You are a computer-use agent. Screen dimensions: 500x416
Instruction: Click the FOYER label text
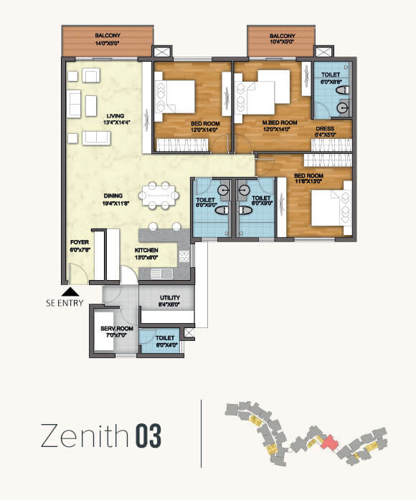79,242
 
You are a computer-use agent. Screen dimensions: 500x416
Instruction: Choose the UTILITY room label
170,297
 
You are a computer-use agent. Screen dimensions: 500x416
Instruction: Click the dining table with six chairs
159,194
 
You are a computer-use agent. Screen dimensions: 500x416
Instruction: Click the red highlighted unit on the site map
328,443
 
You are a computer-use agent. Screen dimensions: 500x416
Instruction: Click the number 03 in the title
145,435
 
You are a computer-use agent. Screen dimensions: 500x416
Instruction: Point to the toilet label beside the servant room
165,337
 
